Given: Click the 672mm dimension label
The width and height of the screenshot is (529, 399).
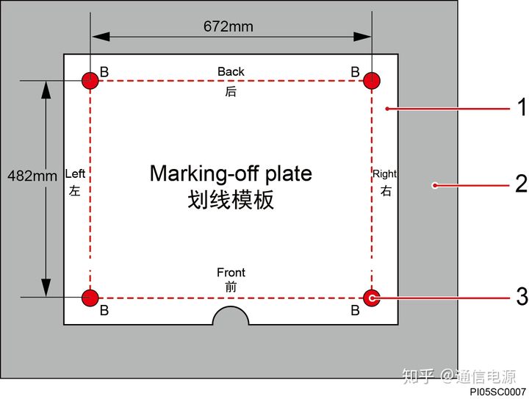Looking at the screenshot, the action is (x=228, y=26).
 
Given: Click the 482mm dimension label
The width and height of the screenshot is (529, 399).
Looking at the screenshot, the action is (x=32, y=176).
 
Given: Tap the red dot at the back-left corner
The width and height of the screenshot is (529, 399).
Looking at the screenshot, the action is (x=90, y=81).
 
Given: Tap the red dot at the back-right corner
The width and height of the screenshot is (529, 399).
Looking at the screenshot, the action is (x=372, y=81).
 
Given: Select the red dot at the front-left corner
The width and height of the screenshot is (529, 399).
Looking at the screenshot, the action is (x=90, y=298).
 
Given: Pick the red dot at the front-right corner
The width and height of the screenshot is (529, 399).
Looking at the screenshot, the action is (x=372, y=298).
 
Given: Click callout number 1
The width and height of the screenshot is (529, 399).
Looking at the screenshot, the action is (x=522, y=107).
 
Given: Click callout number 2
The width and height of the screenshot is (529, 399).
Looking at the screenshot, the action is (x=521, y=184).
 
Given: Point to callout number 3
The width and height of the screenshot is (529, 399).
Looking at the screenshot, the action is (x=522, y=296).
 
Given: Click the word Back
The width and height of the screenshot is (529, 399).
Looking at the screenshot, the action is (x=231, y=71).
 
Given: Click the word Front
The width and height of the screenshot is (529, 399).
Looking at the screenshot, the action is (x=231, y=272).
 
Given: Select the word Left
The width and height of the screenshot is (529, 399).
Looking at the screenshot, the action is (x=75, y=173).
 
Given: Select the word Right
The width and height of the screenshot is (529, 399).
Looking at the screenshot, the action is (x=384, y=174).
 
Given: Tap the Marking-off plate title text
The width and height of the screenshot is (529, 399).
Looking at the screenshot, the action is (x=231, y=173).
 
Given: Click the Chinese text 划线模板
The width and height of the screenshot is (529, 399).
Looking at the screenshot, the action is (x=231, y=199).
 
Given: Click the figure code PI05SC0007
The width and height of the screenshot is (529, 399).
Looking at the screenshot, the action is (x=498, y=392).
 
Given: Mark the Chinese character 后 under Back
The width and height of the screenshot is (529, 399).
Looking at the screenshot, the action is (x=231, y=91).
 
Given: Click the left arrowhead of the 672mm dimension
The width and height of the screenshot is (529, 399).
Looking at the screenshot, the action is (x=101, y=37).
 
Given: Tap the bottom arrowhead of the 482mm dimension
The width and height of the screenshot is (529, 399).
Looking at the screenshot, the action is (x=46, y=288).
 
